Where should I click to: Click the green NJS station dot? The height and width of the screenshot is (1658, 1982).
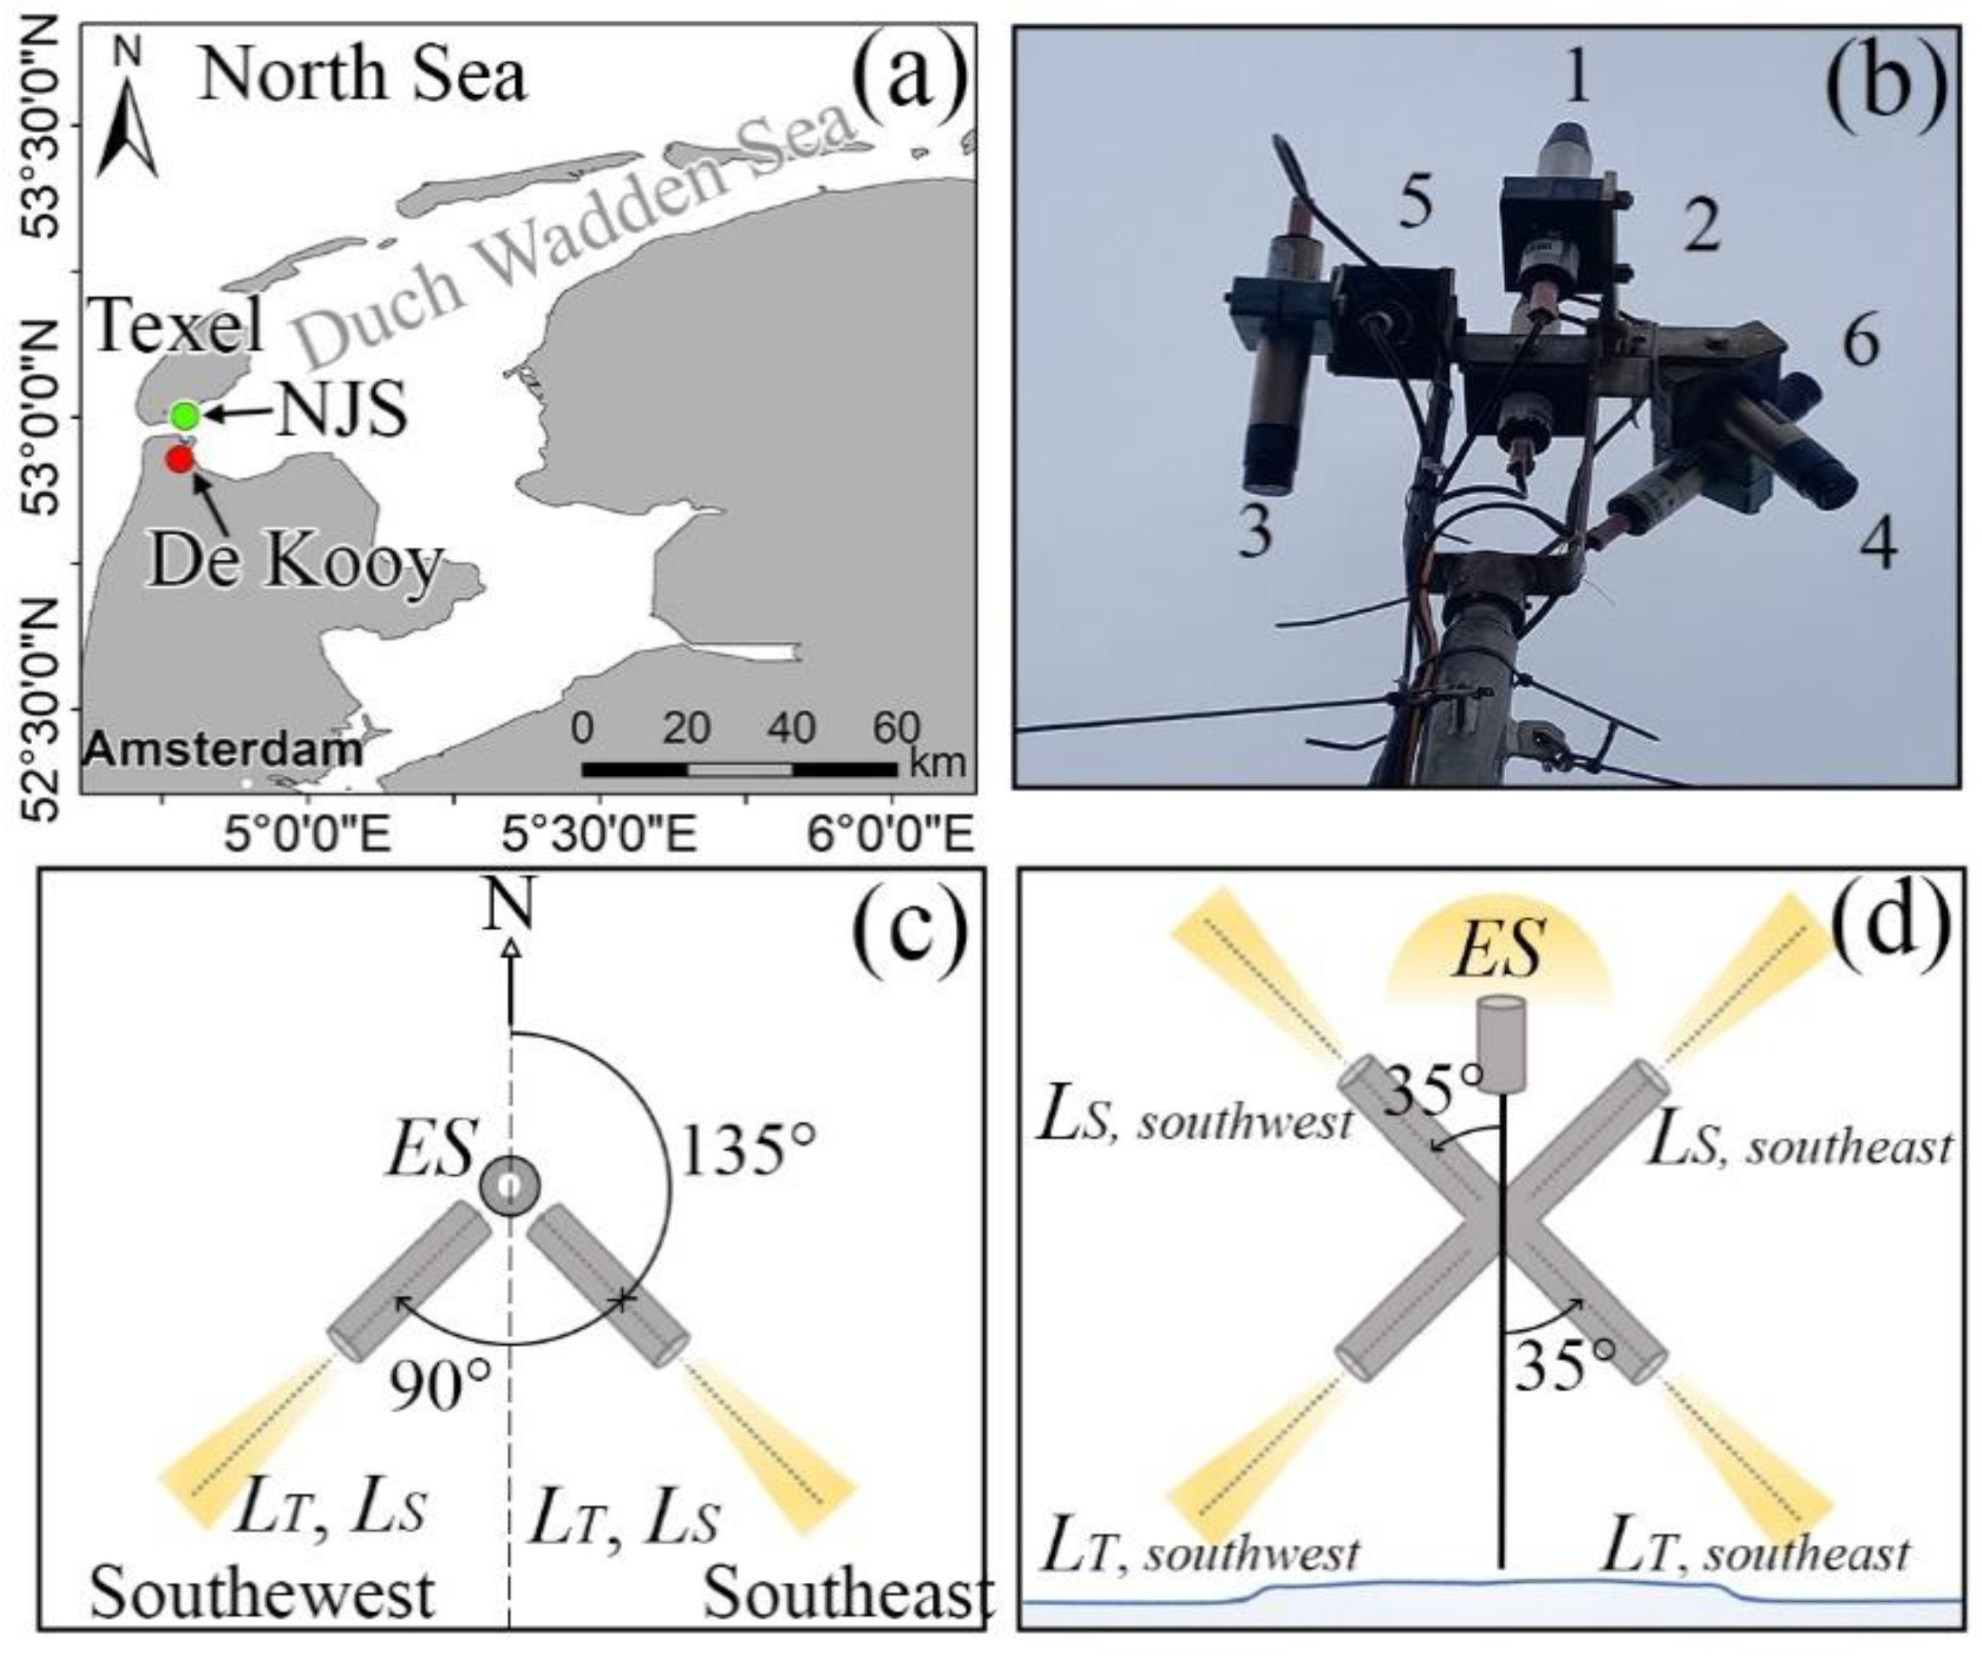(185, 416)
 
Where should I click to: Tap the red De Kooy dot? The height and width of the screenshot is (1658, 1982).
(180, 460)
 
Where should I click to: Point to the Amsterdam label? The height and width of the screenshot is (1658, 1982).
(224, 750)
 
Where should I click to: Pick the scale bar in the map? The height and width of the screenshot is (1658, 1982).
(739, 769)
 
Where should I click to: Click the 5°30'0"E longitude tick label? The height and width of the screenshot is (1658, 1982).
(600, 835)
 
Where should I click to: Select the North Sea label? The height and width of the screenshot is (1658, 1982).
(362, 75)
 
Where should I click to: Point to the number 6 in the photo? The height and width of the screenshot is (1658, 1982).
(1860, 341)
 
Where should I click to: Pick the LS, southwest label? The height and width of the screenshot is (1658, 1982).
(1194, 1121)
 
